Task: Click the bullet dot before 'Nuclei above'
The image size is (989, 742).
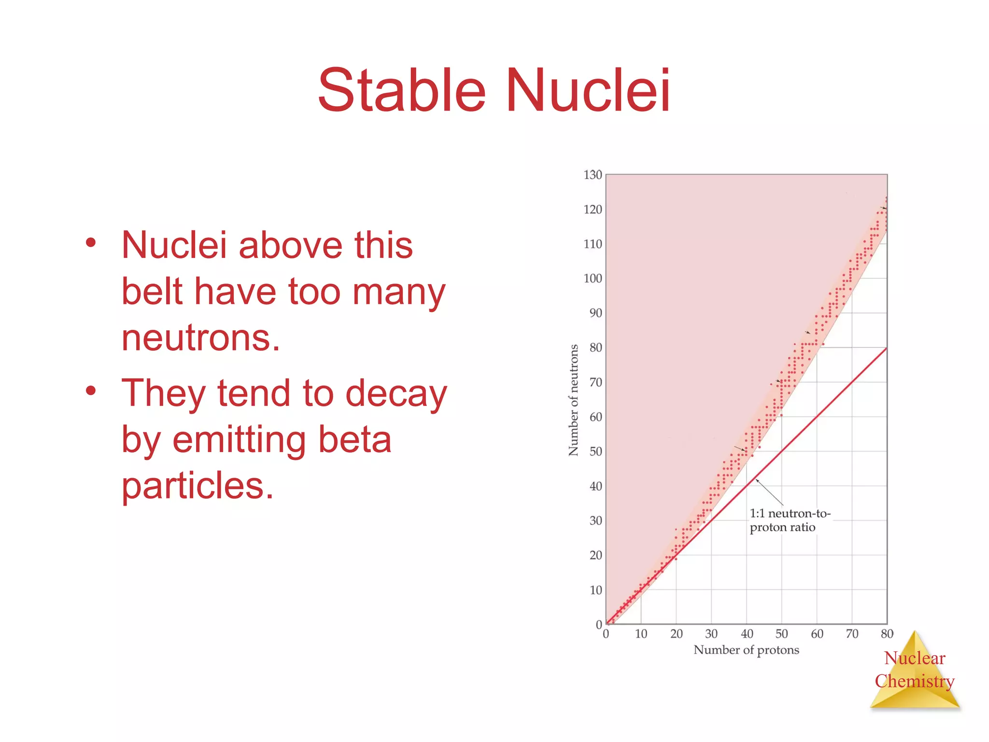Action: click(91, 243)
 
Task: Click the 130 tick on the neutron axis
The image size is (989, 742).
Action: click(593, 175)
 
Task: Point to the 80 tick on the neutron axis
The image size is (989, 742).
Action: click(595, 347)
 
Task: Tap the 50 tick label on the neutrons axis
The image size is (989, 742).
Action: click(595, 451)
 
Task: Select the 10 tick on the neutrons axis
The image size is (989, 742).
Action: click(595, 590)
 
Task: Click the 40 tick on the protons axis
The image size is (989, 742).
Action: click(747, 634)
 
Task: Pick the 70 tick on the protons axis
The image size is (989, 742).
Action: click(852, 634)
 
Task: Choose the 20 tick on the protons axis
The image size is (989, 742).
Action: click(676, 634)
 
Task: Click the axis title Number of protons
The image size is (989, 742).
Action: click(746, 650)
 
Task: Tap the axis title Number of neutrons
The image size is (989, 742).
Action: click(573, 400)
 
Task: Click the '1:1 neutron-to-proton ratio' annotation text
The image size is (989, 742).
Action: click(789, 520)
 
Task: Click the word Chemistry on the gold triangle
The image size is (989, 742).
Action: click(914, 681)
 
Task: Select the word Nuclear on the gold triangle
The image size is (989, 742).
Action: click(914, 658)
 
